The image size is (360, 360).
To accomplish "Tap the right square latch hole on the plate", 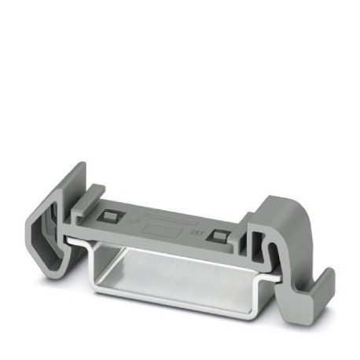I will click(219, 235).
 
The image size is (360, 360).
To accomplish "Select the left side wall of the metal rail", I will click(98, 267).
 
